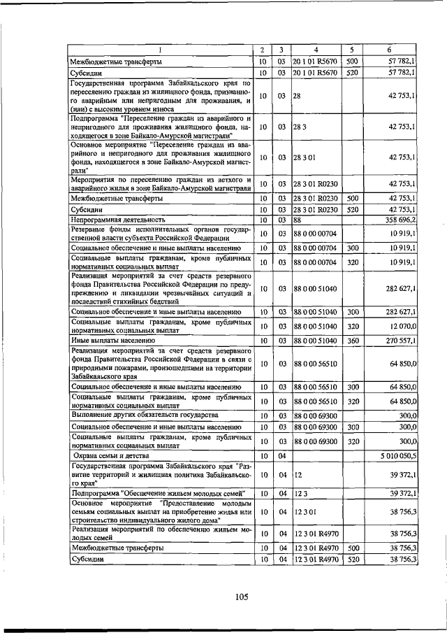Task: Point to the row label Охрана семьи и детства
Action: tap(108, 455)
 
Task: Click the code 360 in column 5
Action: tap(353, 340)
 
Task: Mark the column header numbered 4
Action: tap(316, 50)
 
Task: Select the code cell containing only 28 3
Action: tap(299, 127)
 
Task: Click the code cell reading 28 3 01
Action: tap(305, 157)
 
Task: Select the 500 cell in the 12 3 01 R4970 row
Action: tap(353, 548)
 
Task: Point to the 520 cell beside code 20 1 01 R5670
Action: tap(353, 72)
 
